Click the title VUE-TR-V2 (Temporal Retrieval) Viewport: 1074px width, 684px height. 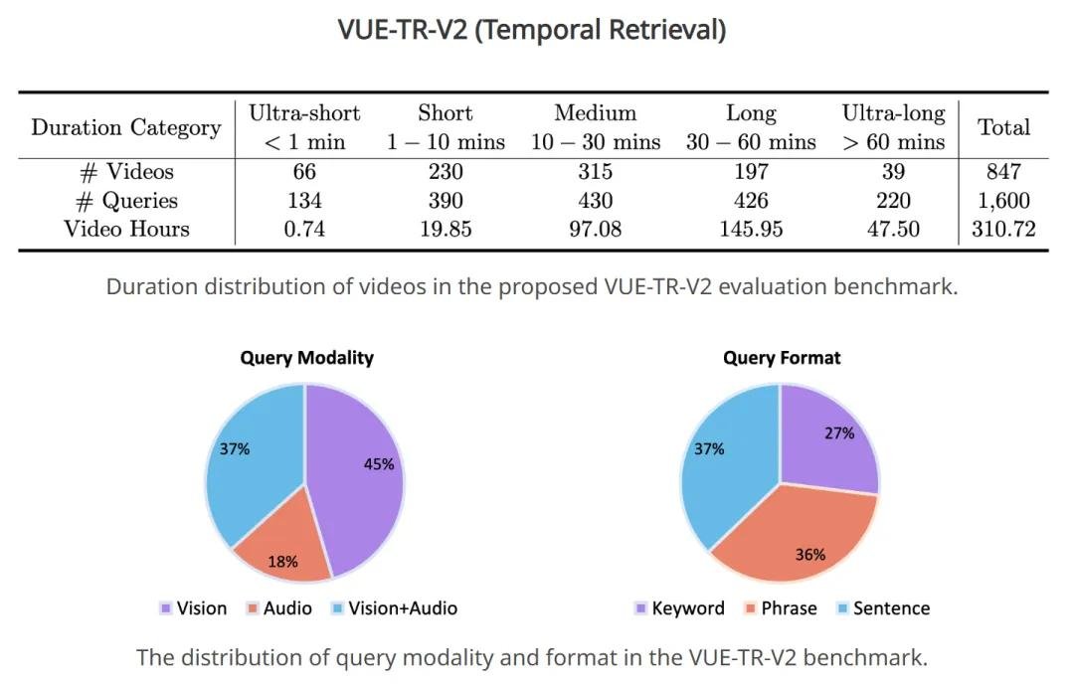[x=532, y=30]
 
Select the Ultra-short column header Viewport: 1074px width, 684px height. [x=304, y=127]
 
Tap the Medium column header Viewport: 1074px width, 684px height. [x=595, y=127]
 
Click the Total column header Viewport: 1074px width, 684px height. [x=1003, y=127]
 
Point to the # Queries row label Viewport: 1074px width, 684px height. [x=127, y=201]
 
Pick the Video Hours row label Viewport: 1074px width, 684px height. [x=126, y=229]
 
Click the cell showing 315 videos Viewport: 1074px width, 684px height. [x=595, y=172]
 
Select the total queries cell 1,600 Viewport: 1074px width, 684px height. [x=1003, y=201]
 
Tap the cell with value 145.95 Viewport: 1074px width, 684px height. [x=750, y=229]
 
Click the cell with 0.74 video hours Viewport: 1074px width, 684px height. [x=304, y=229]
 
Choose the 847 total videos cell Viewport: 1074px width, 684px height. [x=1003, y=172]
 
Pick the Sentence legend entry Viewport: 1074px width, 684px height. [x=881, y=608]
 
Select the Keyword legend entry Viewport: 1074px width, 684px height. [x=679, y=608]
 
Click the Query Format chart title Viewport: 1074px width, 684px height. [x=781, y=358]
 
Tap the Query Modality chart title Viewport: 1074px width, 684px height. [x=306, y=358]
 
